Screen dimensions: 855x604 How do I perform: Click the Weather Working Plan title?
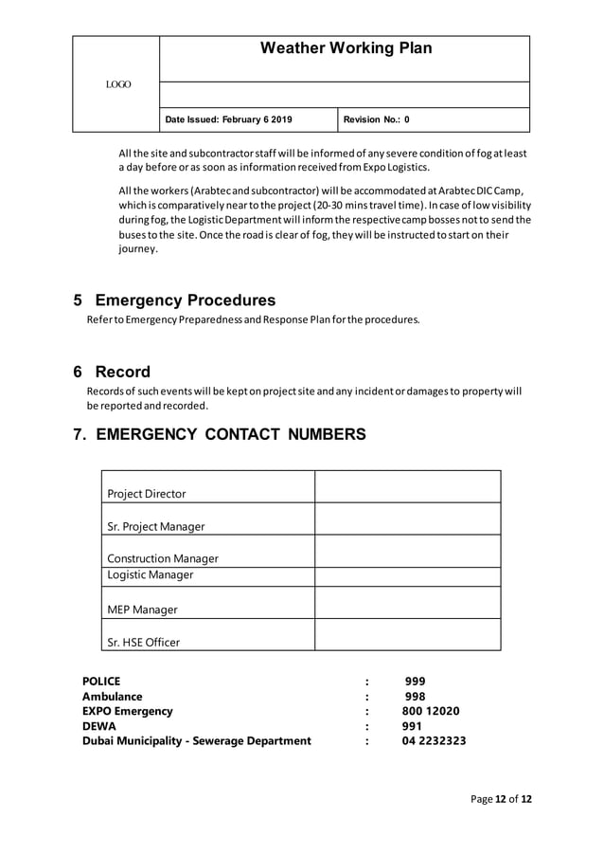[346, 48]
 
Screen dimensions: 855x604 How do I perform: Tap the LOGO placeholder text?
[118, 85]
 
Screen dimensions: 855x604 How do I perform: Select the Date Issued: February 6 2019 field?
[228, 119]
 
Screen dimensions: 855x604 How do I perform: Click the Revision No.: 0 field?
[376, 119]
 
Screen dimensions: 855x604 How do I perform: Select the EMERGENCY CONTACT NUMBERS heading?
[219, 435]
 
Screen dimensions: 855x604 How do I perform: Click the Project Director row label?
[147, 494]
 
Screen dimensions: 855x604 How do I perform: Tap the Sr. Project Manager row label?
[155, 526]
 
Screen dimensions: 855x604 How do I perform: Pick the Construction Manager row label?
[163, 558]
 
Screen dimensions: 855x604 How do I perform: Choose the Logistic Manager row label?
[150, 575]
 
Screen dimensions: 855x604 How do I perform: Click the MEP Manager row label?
[142, 609]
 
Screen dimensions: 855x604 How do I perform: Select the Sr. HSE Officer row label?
[143, 642]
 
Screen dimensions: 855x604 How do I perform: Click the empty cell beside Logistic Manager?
[407, 576]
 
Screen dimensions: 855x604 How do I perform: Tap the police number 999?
[415, 681]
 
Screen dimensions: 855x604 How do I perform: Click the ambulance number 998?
[415, 696]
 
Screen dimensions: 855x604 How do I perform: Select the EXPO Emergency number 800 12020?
[432, 711]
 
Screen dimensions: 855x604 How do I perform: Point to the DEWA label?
[99, 726]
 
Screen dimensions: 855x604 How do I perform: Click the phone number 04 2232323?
[434, 741]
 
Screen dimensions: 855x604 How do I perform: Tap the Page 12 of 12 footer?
[501, 799]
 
